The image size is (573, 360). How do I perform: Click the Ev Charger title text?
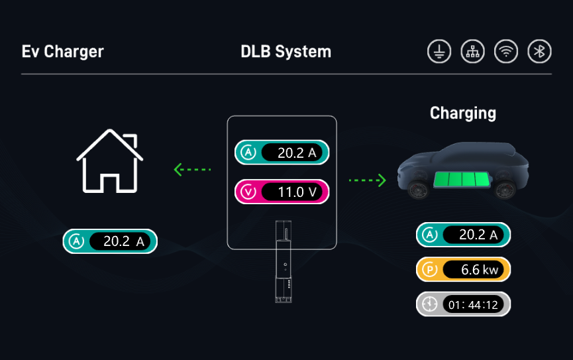63,52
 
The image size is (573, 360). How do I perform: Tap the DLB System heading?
286,52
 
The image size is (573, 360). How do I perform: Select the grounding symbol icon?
439,52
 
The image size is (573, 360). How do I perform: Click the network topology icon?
472,52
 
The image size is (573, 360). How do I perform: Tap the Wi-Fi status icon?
506,52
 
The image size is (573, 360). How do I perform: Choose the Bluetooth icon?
539,52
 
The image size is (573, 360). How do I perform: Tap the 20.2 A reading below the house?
123,242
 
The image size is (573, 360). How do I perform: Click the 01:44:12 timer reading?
472,304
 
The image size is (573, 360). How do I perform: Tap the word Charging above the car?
462,113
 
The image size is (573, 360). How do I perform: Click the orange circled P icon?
430,270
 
